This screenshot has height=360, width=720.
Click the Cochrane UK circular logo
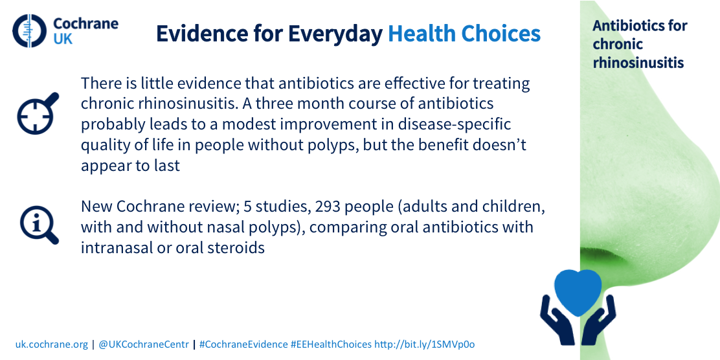pyautogui.click(x=30, y=31)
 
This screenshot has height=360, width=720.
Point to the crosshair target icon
pyautogui.click(x=38, y=113)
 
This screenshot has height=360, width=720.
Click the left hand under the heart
pyautogui.click(x=557, y=320)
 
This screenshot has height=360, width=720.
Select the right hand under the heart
pyautogui.click(x=598, y=320)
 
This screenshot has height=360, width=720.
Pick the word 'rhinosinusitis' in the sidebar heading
pyautogui.click(x=638, y=62)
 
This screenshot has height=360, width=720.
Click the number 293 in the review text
pyautogui.click(x=328, y=207)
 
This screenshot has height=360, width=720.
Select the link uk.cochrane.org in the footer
pyautogui.click(x=51, y=344)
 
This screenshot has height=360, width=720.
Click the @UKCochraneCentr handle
pyautogui.click(x=144, y=344)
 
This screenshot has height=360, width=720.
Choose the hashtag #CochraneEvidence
pyautogui.click(x=243, y=344)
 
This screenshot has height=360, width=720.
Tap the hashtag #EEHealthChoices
pyautogui.click(x=331, y=344)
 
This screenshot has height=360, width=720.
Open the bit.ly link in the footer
pyautogui.click(x=425, y=344)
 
